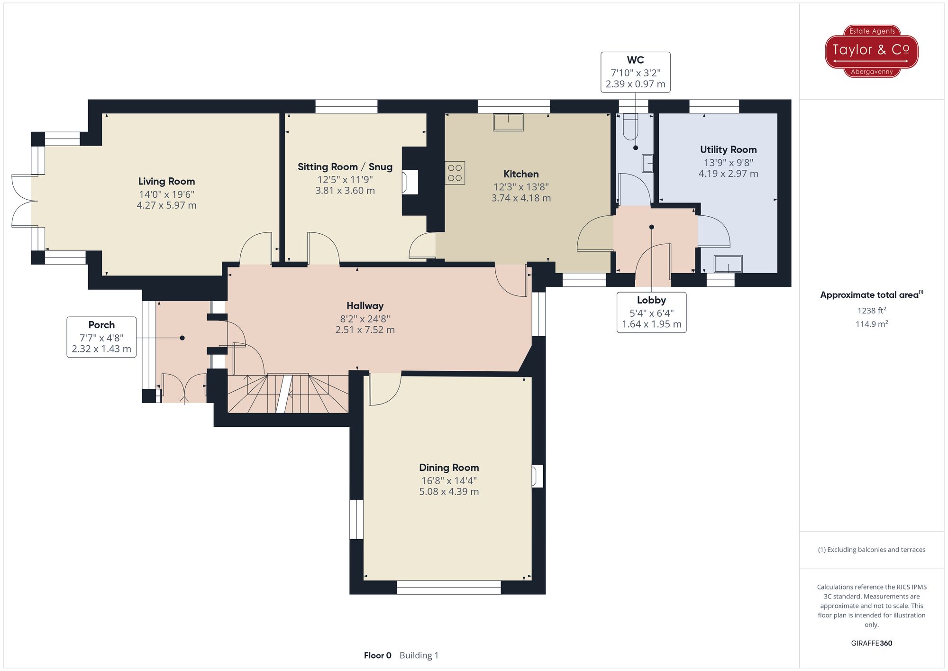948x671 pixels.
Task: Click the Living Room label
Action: click(166, 181)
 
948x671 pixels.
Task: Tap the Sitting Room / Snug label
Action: click(345, 167)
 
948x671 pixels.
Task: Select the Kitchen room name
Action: click(521, 174)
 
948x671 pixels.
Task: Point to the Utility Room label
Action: click(728, 150)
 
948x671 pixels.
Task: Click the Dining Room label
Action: click(449, 468)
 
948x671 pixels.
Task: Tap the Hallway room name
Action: click(365, 306)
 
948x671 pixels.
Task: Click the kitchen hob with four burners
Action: click(455, 173)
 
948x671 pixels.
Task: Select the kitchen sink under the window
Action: click(508, 122)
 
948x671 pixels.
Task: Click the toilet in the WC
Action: click(630, 127)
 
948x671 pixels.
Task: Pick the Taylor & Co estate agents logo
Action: click(872, 51)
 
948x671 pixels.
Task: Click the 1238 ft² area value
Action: click(872, 311)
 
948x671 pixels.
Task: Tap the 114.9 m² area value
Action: click(872, 324)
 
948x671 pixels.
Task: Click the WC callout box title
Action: click(635, 60)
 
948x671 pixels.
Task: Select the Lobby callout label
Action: click(651, 300)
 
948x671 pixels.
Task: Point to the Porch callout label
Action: click(101, 325)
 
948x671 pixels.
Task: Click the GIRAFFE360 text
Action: click(872, 643)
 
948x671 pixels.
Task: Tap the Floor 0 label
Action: click(378, 655)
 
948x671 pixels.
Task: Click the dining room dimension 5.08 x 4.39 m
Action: click(449, 492)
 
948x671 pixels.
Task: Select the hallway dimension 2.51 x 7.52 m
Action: click(365, 330)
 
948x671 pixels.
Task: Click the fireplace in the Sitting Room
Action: click(410, 182)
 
